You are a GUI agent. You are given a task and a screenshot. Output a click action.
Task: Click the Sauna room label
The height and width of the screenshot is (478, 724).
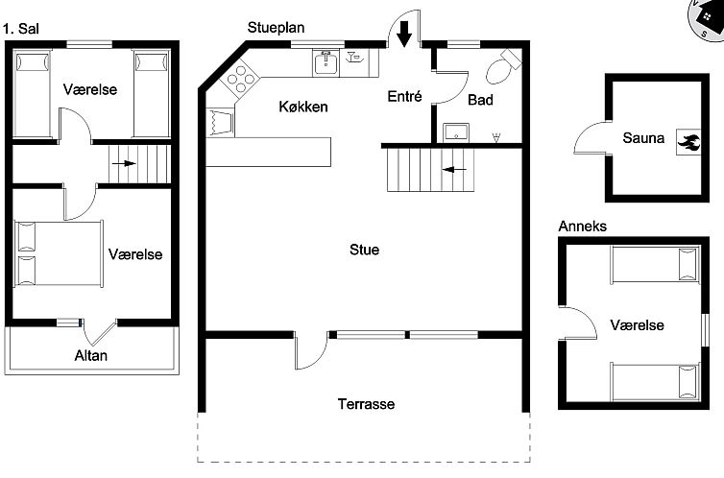[642, 138]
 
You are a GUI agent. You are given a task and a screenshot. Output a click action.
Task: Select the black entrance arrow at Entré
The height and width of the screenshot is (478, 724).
[404, 34]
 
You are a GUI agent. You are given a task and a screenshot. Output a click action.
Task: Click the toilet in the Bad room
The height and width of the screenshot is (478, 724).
[500, 68]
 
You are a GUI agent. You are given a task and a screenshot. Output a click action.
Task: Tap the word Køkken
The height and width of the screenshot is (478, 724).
[303, 107]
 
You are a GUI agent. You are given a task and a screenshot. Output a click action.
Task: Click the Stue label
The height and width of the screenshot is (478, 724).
[364, 250]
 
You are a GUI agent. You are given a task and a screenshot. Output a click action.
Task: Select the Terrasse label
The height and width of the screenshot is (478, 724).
[366, 404]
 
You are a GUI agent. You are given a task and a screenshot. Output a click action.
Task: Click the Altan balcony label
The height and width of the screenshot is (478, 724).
[91, 356]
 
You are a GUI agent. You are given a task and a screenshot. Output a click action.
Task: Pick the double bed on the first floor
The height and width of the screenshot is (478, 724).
[59, 253]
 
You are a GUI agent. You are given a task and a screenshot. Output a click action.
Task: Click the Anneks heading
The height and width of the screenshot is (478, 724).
[582, 227]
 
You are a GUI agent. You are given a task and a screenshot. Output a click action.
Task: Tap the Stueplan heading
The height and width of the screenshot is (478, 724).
[276, 27]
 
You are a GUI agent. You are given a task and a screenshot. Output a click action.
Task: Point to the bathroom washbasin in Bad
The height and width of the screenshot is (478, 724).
[454, 131]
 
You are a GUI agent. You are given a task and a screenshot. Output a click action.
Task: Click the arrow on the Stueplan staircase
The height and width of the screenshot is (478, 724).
[454, 169]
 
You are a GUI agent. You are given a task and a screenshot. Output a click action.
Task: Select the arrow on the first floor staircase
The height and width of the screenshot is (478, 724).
[124, 164]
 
